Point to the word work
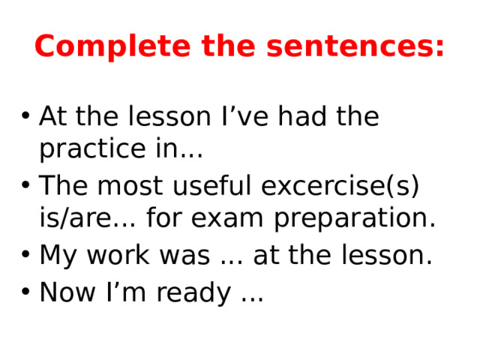pos(127,256)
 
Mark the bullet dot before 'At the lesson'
pos(25,118)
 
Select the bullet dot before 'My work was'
pos(25,256)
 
